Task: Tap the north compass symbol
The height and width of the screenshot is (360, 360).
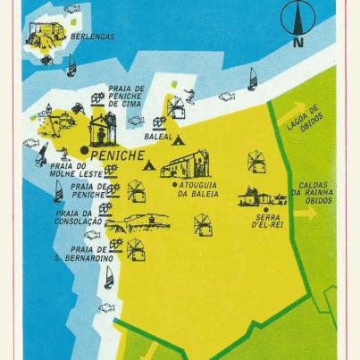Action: [297, 20]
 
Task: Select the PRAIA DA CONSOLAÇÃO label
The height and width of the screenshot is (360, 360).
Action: [79, 218]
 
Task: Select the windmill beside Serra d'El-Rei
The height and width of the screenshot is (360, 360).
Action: [256, 162]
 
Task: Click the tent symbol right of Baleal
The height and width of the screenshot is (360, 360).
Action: [179, 139]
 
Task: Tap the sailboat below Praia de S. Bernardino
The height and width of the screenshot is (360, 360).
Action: [109, 278]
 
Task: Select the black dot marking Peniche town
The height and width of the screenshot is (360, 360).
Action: [84, 149]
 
